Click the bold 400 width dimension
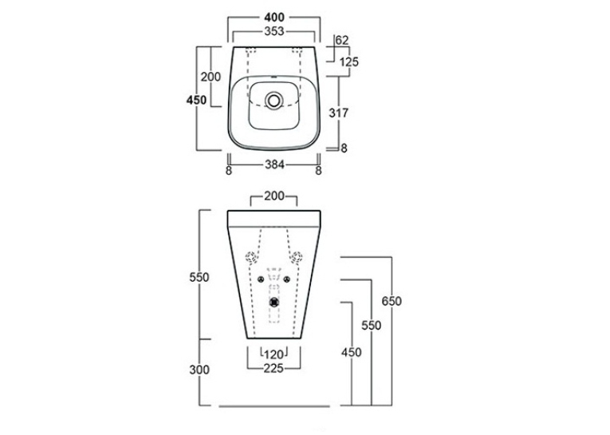[x=274, y=18]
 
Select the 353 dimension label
[x=274, y=32]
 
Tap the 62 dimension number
[x=342, y=40]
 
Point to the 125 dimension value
[x=349, y=62]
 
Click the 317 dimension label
[x=338, y=113]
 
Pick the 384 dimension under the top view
[x=274, y=165]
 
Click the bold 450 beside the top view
[x=196, y=100]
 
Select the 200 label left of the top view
[x=211, y=77]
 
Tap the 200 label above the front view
[x=274, y=196]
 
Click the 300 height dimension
[x=199, y=370]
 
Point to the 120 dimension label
[x=274, y=354]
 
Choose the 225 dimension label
[x=274, y=368]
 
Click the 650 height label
[x=392, y=301]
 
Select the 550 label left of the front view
[x=199, y=277]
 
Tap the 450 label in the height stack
[x=352, y=353]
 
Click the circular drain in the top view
[x=274, y=100]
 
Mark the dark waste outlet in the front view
[x=274, y=302]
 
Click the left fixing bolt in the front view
[x=261, y=279]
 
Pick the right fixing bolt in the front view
[x=287, y=279]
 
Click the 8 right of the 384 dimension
[x=319, y=171]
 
